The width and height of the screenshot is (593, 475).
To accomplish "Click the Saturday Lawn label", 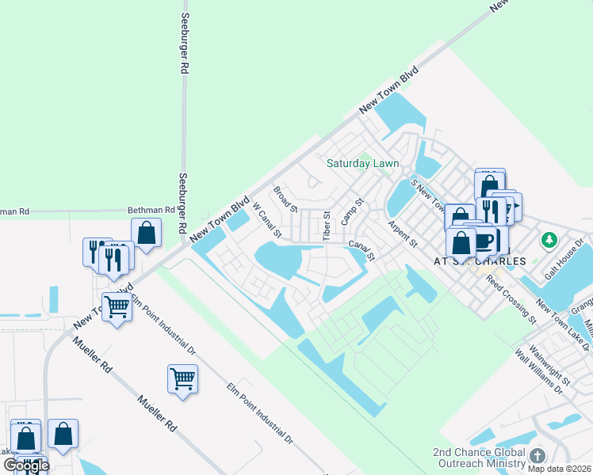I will click(x=362, y=164).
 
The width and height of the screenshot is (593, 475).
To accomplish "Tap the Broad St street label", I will click(x=285, y=199).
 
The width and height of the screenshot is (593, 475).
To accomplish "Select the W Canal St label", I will click(x=267, y=220).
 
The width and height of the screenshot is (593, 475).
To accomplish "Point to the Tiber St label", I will click(x=327, y=226).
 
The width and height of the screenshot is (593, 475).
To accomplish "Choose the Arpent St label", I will click(x=402, y=234).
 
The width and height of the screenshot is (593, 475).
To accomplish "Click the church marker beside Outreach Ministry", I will click(x=538, y=456).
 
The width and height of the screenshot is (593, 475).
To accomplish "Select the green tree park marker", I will click(x=548, y=238).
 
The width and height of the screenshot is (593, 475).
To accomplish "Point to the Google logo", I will click(x=26, y=465).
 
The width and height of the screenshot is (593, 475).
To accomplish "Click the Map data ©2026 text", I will click(x=559, y=469).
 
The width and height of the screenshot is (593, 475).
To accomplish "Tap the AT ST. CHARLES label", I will click(x=479, y=260).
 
